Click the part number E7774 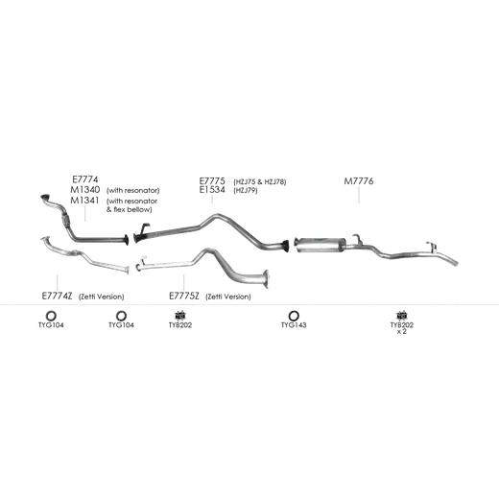(85, 179)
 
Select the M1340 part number (85, 189)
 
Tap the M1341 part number (84, 201)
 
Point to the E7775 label (212, 180)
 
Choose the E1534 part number (212, 190)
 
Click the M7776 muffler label (359, 181)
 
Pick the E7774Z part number (57, 296)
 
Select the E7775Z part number (184, 297)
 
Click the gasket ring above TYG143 (294, 316)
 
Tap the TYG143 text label (294, 325)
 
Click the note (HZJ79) (246, 191)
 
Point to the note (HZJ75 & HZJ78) (260, 182)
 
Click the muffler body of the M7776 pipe (321, 245)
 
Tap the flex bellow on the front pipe (65, 219)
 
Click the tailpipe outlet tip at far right (456, 263)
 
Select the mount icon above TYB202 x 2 (402, 316)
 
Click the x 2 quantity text (402, 332)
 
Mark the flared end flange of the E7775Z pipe (266, 279)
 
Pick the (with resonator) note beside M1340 (132, 191)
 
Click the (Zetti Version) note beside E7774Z (102, 297)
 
